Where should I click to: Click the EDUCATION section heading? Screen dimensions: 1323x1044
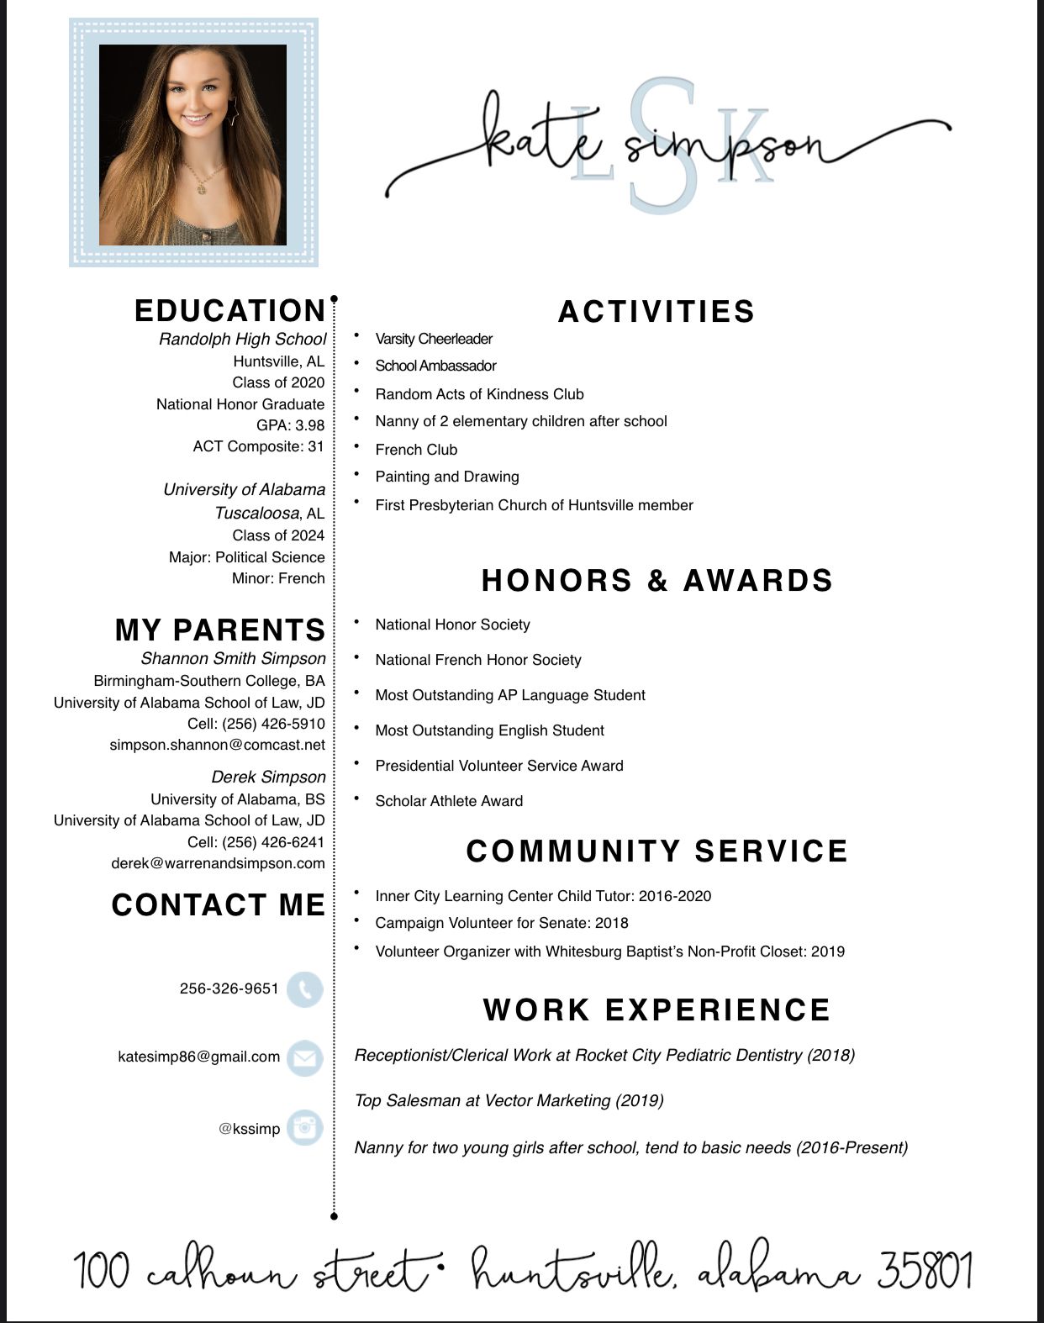coord(229,311)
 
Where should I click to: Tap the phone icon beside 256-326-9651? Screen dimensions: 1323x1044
coord(304,989)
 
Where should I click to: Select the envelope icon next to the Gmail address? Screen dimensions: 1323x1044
coord(304,1058)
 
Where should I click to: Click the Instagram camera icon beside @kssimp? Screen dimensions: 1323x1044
coord(304,1127)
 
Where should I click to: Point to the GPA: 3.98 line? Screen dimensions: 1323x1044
coord(290,425)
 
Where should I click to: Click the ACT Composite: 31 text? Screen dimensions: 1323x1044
coord(258,446)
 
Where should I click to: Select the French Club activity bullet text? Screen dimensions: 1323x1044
coord(416,450)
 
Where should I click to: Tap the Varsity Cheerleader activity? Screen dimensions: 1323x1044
coord(434,339)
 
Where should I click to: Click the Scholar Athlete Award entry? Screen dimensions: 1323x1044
coord(449,801)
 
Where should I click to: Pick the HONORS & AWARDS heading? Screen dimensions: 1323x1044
coord(656,581)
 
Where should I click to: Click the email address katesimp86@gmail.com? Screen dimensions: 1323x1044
coord(199,1057)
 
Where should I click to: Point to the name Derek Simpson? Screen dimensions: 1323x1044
coord(268,777)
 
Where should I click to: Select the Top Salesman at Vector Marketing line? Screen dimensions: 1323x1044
coord(509,1101)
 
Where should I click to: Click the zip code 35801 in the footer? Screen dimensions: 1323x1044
coord(925,1271)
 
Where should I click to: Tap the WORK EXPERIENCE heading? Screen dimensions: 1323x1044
coord(656,1010)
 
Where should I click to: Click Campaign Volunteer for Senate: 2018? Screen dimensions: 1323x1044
coord(502,923)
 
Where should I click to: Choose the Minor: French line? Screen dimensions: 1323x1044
coord(278,578)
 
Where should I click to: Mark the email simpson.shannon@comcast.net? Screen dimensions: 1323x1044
coord(217,745)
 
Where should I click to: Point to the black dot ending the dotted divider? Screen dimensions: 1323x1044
coord(334,1215)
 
